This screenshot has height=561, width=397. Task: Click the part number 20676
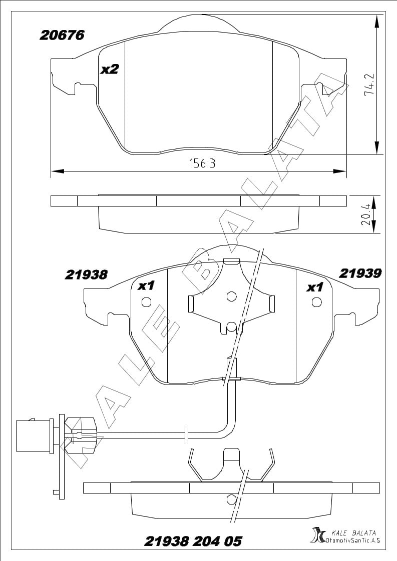(62, 35)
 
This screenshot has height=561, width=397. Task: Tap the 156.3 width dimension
(202, 164)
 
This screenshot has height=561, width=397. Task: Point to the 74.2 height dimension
(369, 84)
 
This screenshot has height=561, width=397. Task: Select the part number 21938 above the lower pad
(86, 274)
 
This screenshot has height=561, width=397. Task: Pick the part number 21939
(360, 273)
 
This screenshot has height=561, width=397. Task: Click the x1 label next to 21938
(146, 285)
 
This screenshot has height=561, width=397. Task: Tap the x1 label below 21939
(314, 287)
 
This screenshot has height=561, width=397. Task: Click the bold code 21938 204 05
(193, 541)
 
